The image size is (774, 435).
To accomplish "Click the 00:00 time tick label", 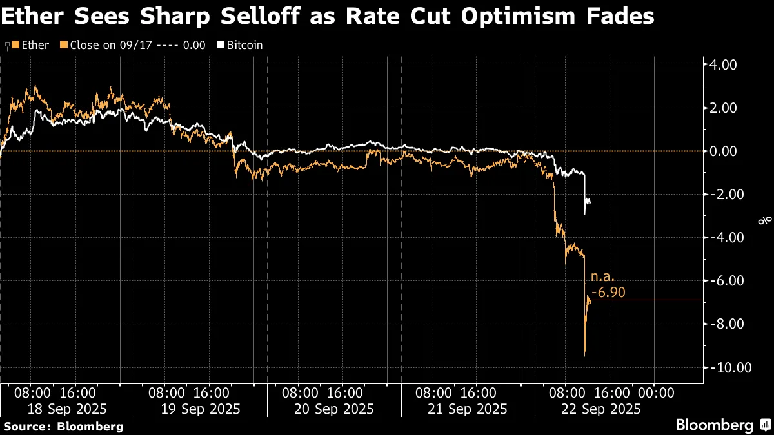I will pos(655,392).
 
